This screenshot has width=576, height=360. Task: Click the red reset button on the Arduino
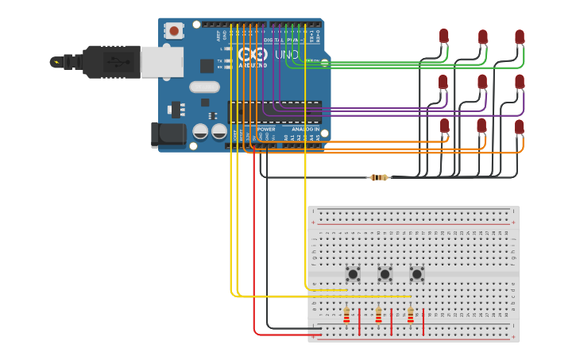tap(174, 31)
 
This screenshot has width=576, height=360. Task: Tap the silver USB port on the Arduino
tap(162, 62)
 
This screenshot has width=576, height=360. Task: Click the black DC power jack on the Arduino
tap(168, 134)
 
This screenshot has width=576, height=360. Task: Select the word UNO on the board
tap(286, 55)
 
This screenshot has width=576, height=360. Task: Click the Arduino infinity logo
tap(253, 55)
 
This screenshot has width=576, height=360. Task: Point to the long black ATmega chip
tap(275, 112)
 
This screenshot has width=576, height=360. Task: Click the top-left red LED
tap(443, 36)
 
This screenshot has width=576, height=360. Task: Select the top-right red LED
tap(520, 37)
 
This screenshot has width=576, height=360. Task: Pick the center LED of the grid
tap(482, 81)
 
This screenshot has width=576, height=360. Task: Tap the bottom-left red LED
tap(444, 125)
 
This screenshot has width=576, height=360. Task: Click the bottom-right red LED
tap(520, 126)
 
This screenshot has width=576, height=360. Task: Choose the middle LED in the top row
tap(482, 37)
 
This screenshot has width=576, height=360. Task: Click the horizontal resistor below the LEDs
tap(379, 177)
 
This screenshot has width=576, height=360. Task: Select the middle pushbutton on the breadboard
tap(385, 274)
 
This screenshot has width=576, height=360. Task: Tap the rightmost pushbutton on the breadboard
tap(417, 274)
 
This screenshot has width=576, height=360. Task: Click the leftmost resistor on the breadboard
tap(346, 316)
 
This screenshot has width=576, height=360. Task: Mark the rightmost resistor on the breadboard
tap(410, 316)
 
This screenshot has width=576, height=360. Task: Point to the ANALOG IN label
tap(305, 129)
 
